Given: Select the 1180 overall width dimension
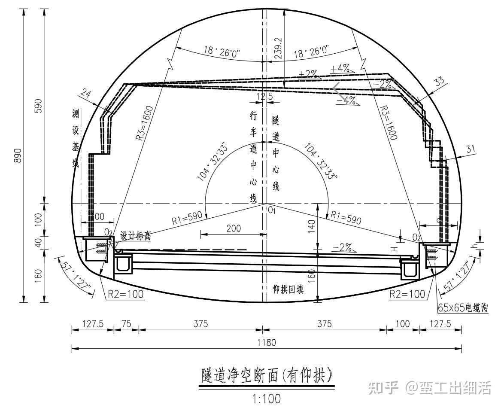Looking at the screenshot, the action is tap(266, 342).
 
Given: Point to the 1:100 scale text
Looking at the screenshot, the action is tap(267, 399).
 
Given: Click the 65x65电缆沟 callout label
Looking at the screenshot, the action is tap(463, 308).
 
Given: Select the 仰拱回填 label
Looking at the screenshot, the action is tap(288, 289).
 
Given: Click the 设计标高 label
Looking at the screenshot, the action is tap(135, 236).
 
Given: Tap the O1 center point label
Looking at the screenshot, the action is tap(271, 210).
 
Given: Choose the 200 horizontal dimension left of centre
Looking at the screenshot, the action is tap(234, 228).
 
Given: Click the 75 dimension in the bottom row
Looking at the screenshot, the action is tap(126, 324).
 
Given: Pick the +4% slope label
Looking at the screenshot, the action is tap(340, 69).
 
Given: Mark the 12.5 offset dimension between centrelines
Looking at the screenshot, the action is tap(264, 97).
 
